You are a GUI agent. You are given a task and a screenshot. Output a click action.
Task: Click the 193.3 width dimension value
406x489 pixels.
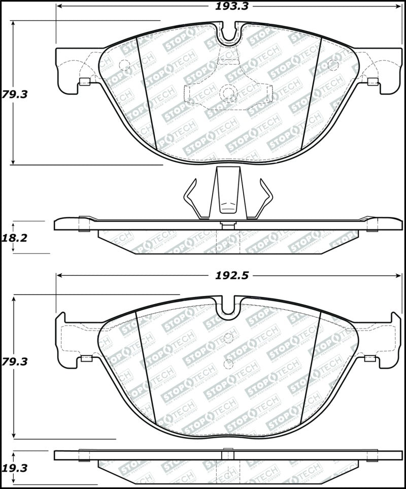tap(229, 6)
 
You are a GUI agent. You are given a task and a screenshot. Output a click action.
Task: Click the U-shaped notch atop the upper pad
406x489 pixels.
tap(229, 32)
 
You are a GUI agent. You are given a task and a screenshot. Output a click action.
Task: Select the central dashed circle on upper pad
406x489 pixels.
tap(228, 92)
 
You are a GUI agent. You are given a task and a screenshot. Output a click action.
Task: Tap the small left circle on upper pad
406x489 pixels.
tap(124, 65)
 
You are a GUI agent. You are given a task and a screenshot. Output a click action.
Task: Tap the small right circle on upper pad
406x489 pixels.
tap(333, 65)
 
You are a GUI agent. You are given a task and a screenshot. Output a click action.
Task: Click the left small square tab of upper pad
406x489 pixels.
tap(85, 81)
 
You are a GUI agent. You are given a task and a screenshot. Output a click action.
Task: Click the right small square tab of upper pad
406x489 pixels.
tap(373, 81)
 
